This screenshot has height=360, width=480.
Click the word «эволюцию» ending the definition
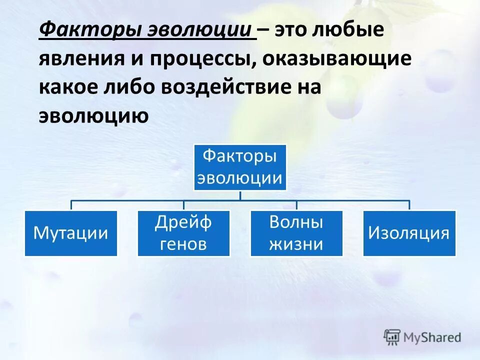click(93, 116)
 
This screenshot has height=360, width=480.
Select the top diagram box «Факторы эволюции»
click(240, 167)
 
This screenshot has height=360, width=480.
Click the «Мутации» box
click(70, 233)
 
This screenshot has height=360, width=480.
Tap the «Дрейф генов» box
click(183, 233)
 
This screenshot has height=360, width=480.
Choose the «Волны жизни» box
click(296, 233)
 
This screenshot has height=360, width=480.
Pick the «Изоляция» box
click(409, 233)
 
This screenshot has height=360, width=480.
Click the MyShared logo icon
click(392, 337)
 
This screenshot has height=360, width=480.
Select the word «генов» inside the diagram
click(183, 244)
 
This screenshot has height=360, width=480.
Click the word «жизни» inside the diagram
click(296, 244)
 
